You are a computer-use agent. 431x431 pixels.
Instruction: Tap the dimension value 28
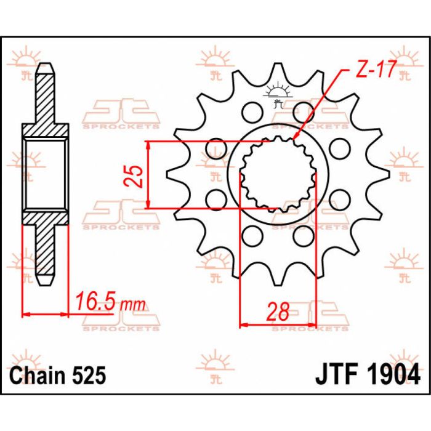point(278,312)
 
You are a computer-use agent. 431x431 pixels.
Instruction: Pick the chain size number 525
point(89,375)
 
